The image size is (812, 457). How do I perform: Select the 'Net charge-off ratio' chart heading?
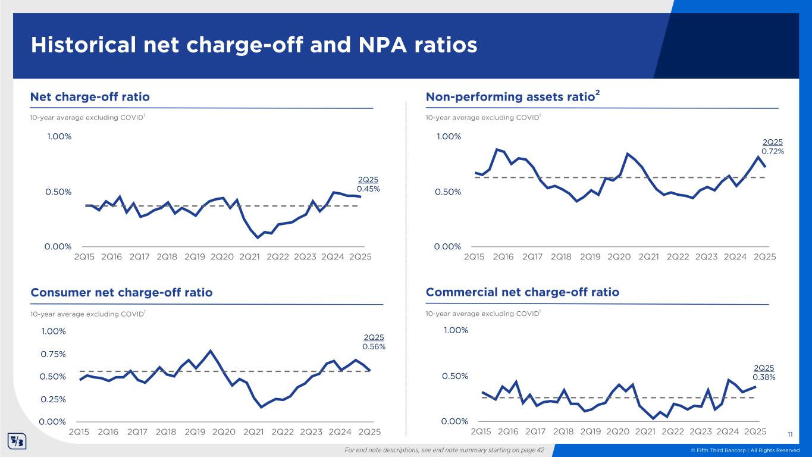click(x=90, y=96)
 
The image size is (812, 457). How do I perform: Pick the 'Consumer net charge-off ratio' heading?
click(x=121, y=293)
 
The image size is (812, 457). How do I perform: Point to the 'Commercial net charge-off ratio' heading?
click(x=522, y=292)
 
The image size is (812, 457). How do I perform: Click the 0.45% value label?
click(x=368, y=189)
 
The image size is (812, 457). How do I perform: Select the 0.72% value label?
click(x=773, y=151)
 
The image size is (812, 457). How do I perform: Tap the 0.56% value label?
click(x=374, y=346)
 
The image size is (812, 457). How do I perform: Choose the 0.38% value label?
click(x=764, y=377)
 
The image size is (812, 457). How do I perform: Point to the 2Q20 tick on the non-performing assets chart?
click(x=619, y=257)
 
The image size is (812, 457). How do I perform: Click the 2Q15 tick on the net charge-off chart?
click(x=84, y=257)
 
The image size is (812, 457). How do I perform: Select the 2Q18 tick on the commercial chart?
click(x=563, y=431)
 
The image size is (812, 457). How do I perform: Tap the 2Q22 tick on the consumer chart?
click(x=283, y=431)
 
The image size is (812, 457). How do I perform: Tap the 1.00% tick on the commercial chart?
click(x=454, y=331)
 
